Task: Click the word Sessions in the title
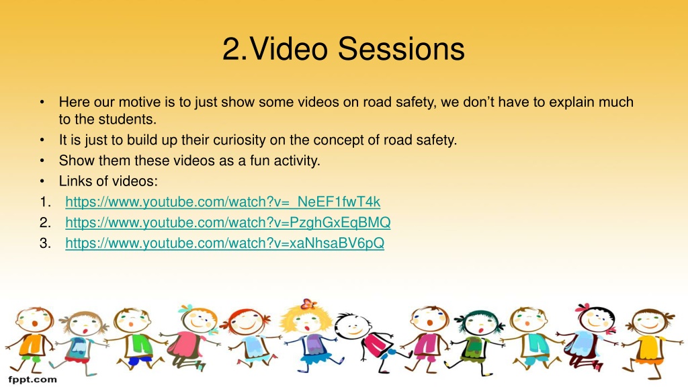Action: click(401, 48)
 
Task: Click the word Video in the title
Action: click(288, 48)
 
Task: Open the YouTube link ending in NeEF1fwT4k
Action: click(223, 202)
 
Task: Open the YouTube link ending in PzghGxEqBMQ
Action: click(228, 222)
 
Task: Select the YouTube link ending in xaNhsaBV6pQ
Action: click(224, 243)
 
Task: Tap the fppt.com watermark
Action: click(32, 380)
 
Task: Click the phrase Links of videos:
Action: click(108, 181)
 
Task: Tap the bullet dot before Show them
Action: click(42, 161)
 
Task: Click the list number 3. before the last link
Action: click(45, 243)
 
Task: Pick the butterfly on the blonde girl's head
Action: click(309, 303)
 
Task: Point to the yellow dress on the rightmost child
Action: click(650, 349)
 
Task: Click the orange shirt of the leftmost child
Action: click(32, 345)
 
